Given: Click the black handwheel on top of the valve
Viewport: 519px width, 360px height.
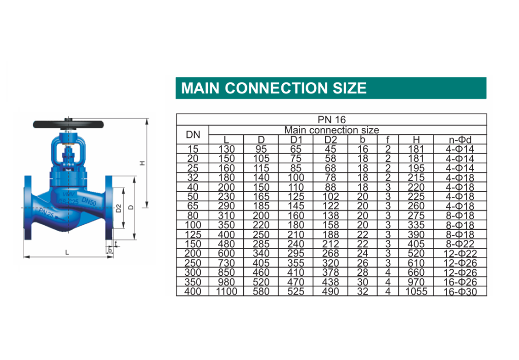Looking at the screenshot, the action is (68, 124).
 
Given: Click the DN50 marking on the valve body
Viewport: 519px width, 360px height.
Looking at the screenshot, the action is (89, 201).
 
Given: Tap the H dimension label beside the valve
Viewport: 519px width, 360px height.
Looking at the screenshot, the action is (142, 163).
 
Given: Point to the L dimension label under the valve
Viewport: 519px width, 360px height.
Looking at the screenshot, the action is (67, 253).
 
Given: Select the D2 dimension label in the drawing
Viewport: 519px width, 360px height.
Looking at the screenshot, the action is (119, 208).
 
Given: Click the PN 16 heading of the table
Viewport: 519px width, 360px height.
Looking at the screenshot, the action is (331, 120).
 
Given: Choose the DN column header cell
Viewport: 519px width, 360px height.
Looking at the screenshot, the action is (193, 134).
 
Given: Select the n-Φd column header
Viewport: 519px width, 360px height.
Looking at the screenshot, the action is (460, 140).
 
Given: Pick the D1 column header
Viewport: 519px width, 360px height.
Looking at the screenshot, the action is (295, 140).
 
